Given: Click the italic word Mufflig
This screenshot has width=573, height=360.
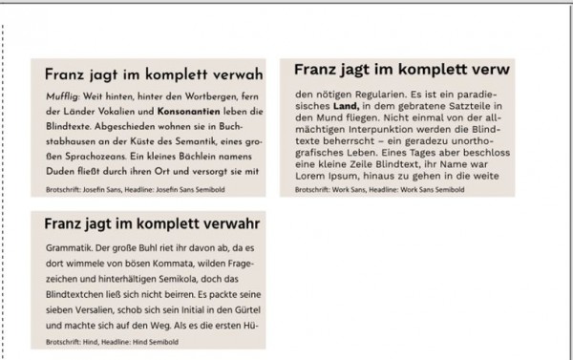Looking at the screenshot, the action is (61, 97).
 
